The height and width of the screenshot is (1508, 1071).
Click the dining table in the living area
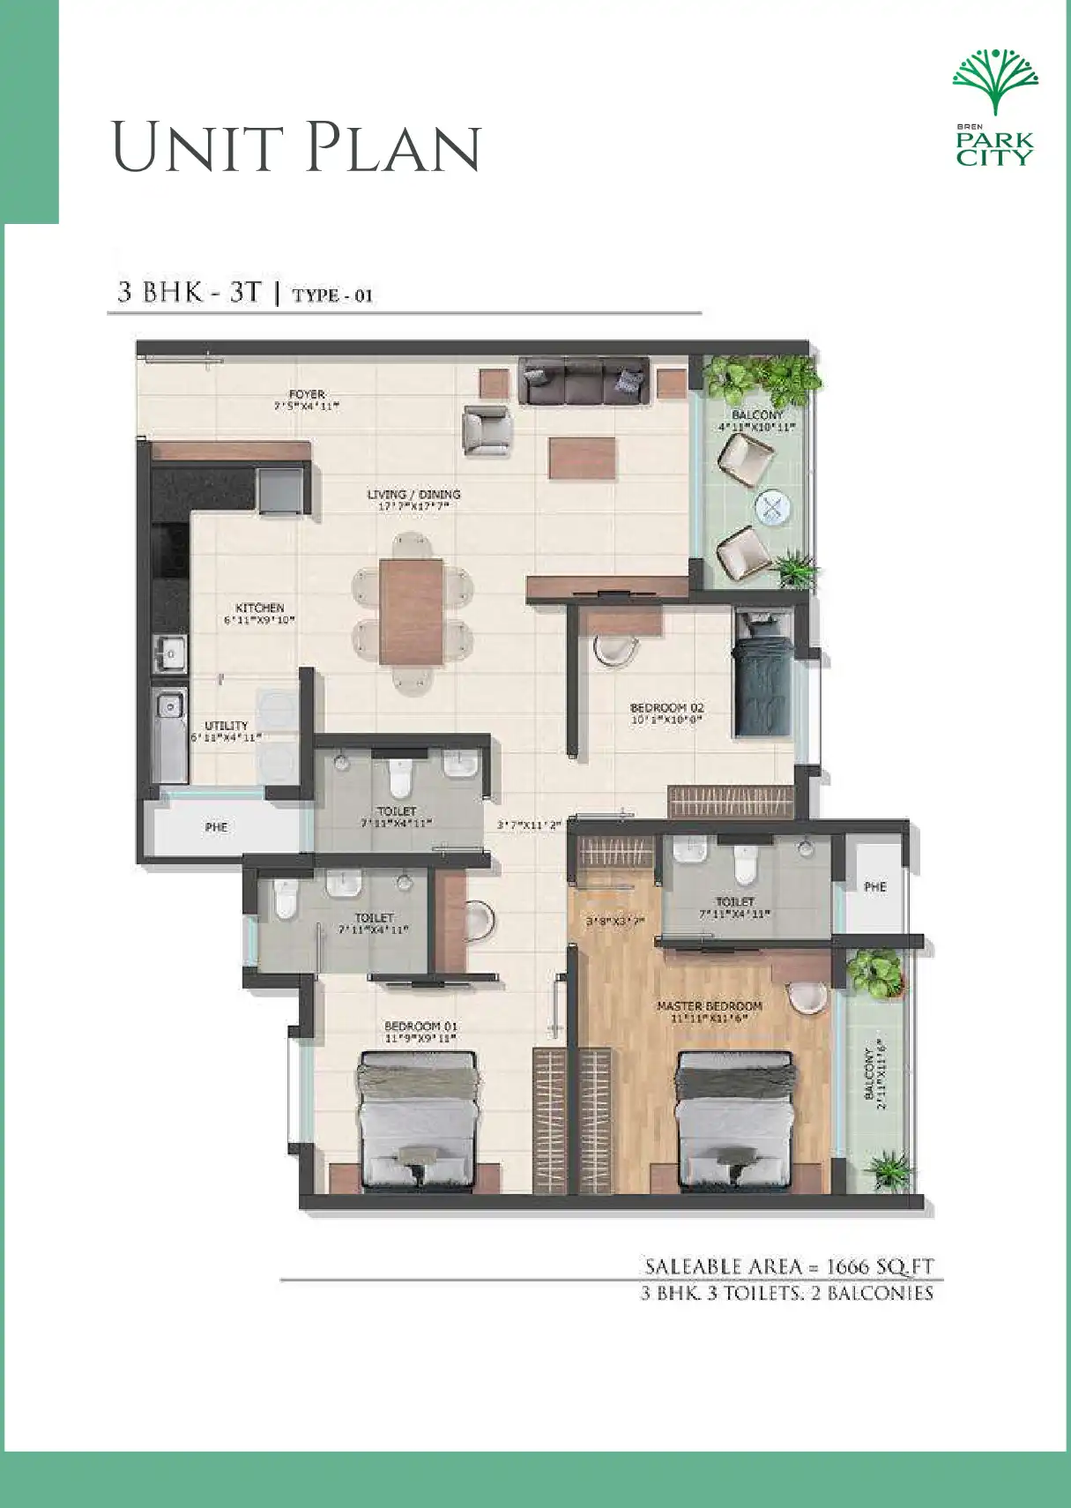[x=412, y=611]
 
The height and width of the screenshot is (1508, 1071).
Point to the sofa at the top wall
[x=583, y=380]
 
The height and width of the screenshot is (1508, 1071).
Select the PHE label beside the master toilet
[x=874, y=886]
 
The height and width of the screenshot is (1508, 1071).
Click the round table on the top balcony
[x=773, y=506]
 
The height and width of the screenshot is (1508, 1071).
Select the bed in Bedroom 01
[x=419, y=1119]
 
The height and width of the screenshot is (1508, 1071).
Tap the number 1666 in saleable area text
[x=849, y=1266]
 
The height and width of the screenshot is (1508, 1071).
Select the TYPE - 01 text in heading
[x=332, y=295]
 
